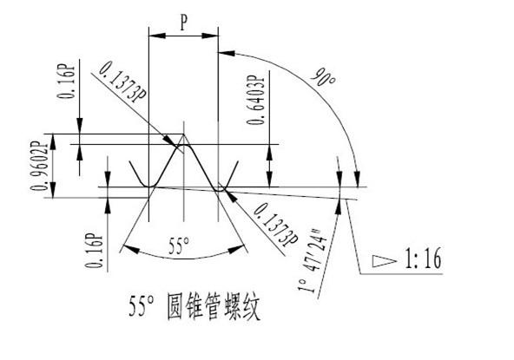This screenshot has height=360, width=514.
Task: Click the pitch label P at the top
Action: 184,23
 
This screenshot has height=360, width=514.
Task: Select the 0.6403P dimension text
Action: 255,101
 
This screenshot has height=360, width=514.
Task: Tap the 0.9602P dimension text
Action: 39,166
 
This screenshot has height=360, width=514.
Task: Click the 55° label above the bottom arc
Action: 179,246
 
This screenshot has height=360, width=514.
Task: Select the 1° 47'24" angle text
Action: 313,260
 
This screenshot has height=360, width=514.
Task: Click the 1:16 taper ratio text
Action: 423,259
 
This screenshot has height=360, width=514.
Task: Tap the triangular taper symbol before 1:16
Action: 384,261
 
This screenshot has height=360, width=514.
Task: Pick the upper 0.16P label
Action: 66,82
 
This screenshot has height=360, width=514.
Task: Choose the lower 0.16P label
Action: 94,251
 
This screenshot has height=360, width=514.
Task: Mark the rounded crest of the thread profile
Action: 183,145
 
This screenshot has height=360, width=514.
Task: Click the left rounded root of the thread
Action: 149,186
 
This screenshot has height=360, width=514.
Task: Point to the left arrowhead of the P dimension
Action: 157,36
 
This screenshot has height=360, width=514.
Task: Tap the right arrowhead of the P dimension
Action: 210,36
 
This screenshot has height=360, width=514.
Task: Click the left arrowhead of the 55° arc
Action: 131,249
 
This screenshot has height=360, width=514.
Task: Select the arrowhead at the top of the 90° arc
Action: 227,53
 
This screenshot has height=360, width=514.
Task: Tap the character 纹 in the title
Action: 250,308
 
